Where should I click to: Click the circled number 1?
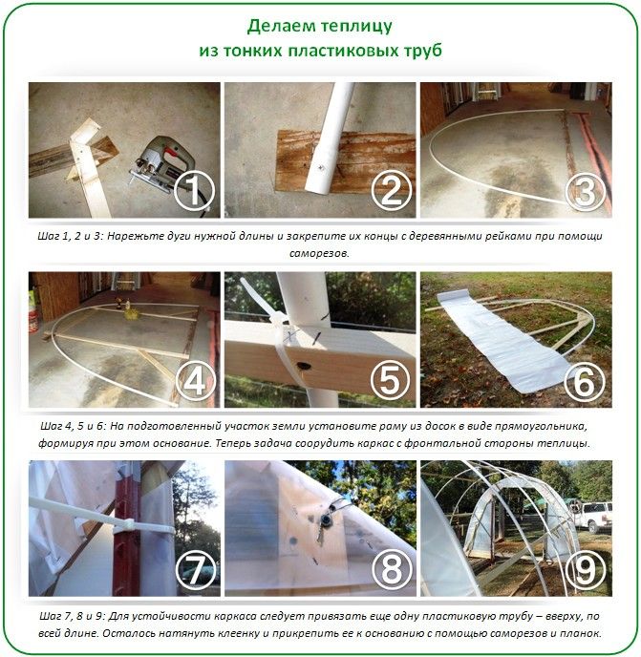tap(194, 191)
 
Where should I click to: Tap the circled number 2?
tap(391, 191)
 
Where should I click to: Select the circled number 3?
tap(586, 191)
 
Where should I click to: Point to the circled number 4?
tap(196, 380)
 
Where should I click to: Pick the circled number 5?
tap(391, 380)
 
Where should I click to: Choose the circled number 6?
tap(586, 380)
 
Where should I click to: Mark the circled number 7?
tap(196, 570)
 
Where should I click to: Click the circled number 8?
tap(391, 570)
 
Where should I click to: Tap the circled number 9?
tap(586, 570)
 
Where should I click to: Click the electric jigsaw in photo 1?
tap(161, 164)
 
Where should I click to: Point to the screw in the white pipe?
tap(320, 168)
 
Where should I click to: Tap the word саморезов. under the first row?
tap(319, 253)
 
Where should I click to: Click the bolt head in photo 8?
tap(325, 519)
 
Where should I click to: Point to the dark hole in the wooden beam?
tap(304, 366)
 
